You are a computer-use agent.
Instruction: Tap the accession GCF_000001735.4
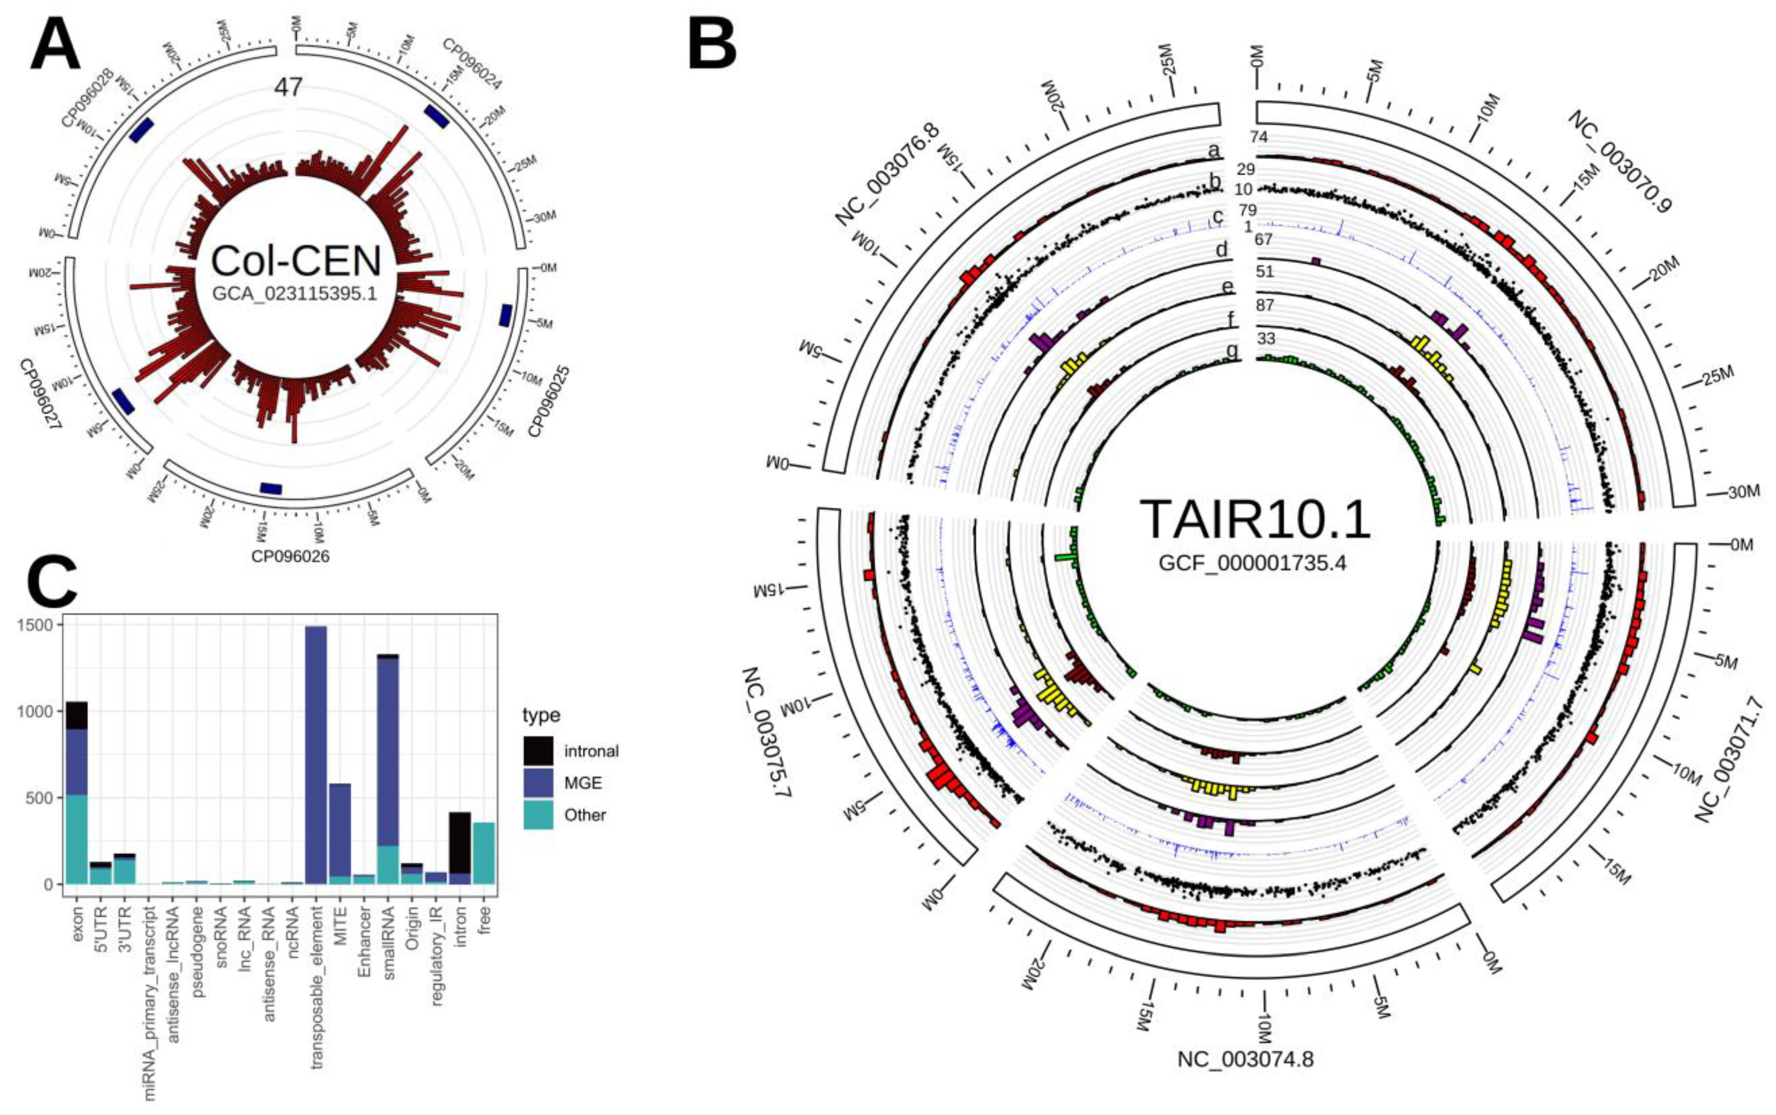tap(1253, 562)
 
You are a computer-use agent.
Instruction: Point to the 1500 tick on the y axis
tap(37, 624)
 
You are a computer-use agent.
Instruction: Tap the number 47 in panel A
tap(288, 87)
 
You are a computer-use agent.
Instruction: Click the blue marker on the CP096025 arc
tap(506, 315)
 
